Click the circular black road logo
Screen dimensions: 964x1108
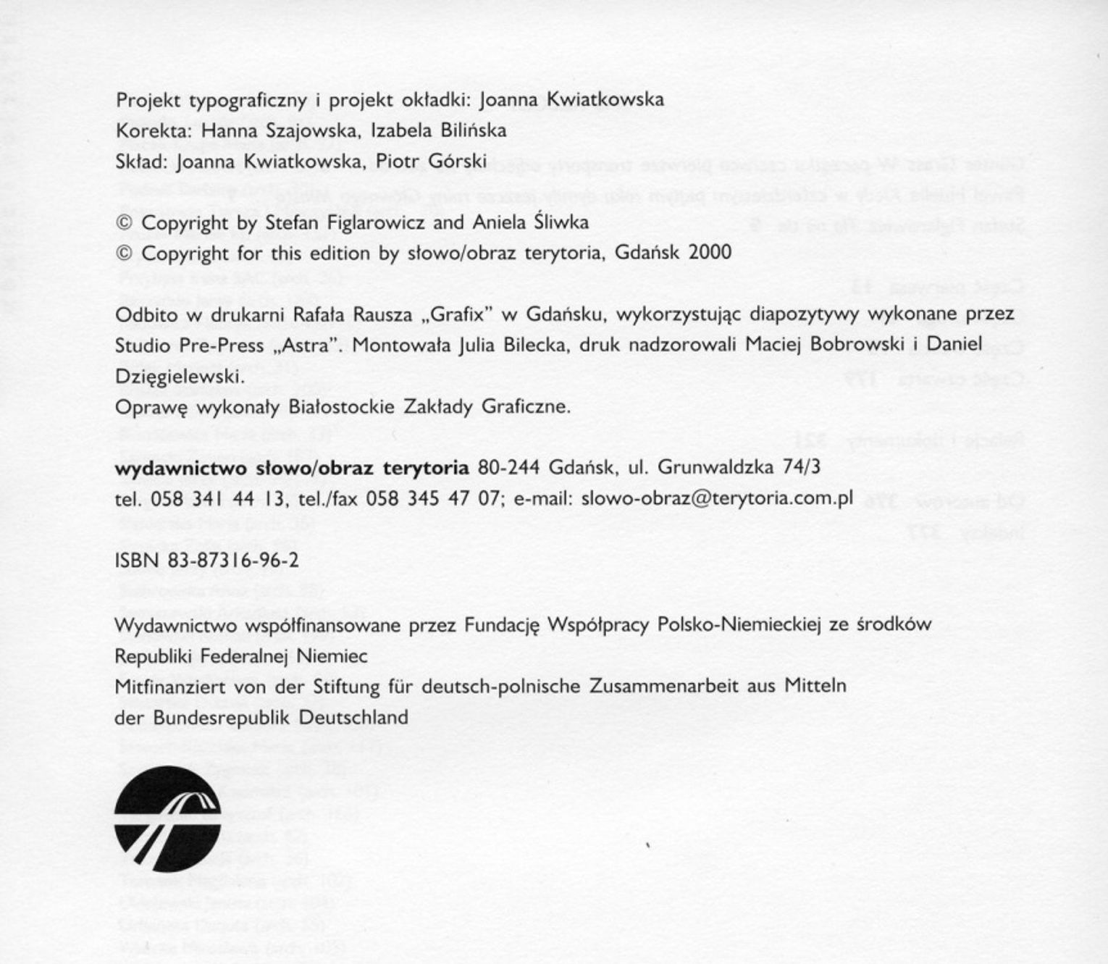(x=167, y=818)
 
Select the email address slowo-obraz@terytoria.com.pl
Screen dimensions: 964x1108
(x=717, y=498)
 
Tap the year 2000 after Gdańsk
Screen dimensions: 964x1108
(x=710, y=252)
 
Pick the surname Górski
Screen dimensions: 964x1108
(x=456, y=162)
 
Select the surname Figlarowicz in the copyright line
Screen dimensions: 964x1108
(x=375, y=222)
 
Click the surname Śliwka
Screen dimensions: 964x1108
(x=561, y=222)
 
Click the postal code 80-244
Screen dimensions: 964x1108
(x=509, y=468)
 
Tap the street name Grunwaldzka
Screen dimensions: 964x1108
(x=715, y=468)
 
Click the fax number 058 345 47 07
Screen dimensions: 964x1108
(x=433, y=499)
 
